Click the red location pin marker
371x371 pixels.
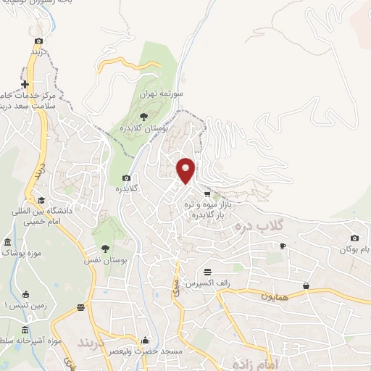[186, 170]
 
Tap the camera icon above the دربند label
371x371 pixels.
[38, 41]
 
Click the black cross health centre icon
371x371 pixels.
[25, 85]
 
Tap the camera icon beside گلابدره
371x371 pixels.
[127, 178]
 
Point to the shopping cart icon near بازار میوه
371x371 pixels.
[207, 193]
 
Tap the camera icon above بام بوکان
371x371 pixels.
[354, 238]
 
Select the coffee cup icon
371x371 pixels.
[283, 246]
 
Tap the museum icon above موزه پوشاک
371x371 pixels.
[8, 242]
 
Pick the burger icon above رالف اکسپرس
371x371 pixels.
[209, 271]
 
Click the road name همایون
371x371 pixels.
[276, 296]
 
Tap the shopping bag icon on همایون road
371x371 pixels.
[307, 286]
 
